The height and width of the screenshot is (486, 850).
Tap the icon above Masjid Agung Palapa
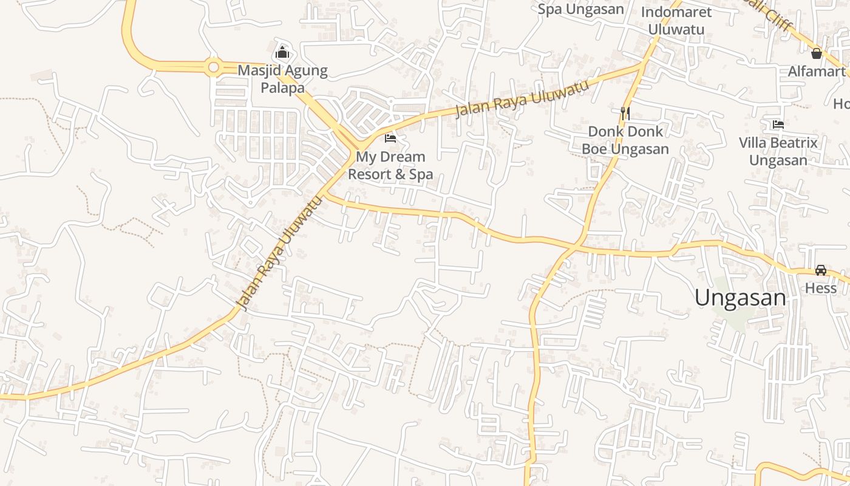click(282, 53)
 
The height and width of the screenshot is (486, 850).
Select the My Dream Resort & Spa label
click(390, 165)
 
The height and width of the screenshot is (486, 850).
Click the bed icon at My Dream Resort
click(390, 139)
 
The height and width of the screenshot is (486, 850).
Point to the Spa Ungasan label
click(580, 9)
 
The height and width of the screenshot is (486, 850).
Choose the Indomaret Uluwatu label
click(676, 21)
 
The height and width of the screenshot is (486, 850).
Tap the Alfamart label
click(817, 72)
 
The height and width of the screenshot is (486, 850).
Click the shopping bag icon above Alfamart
click(817, 53)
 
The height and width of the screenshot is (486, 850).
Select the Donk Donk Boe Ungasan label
click(625, 140)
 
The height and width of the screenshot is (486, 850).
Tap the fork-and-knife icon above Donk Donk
click(625, 113)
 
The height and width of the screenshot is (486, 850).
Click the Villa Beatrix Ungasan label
click(778, 151)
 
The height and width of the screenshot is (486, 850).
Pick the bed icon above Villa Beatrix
click(778, 125)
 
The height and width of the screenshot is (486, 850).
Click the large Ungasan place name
click(740, 298)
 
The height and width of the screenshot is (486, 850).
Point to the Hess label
click(820, 288)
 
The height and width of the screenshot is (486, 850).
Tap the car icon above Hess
click(820, 270)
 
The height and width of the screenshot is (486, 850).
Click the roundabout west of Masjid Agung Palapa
click(213, 67)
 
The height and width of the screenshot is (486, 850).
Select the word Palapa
click(282, 88)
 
